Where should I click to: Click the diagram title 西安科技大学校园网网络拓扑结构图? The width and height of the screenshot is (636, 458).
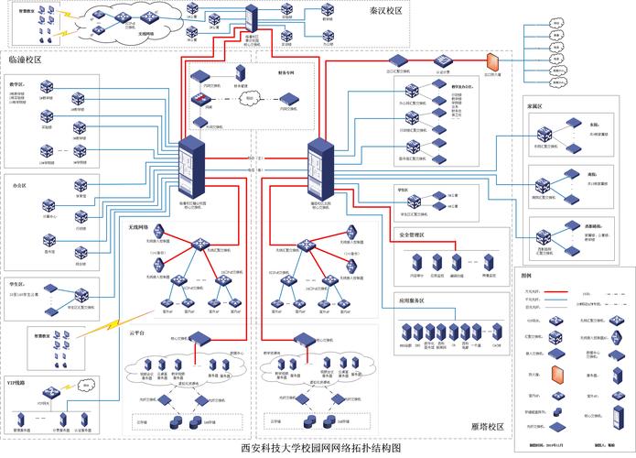[320, 449]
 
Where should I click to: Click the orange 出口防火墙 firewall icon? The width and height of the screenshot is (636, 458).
[491, 60]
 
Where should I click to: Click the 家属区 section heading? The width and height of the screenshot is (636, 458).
[535, 106]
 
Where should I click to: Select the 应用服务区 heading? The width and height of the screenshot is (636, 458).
[416, 300]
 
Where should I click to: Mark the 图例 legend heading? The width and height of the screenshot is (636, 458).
[526, 275]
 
